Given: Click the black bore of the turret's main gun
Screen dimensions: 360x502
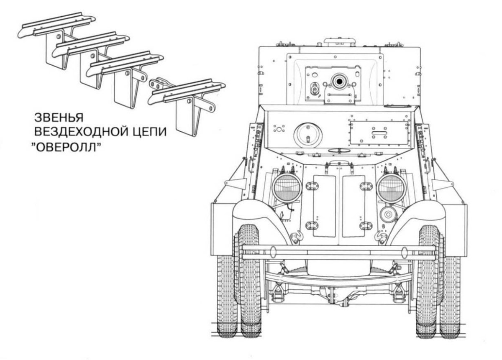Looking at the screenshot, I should tap(338, 81).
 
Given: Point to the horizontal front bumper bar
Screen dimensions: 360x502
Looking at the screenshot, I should tap(339, 251).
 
